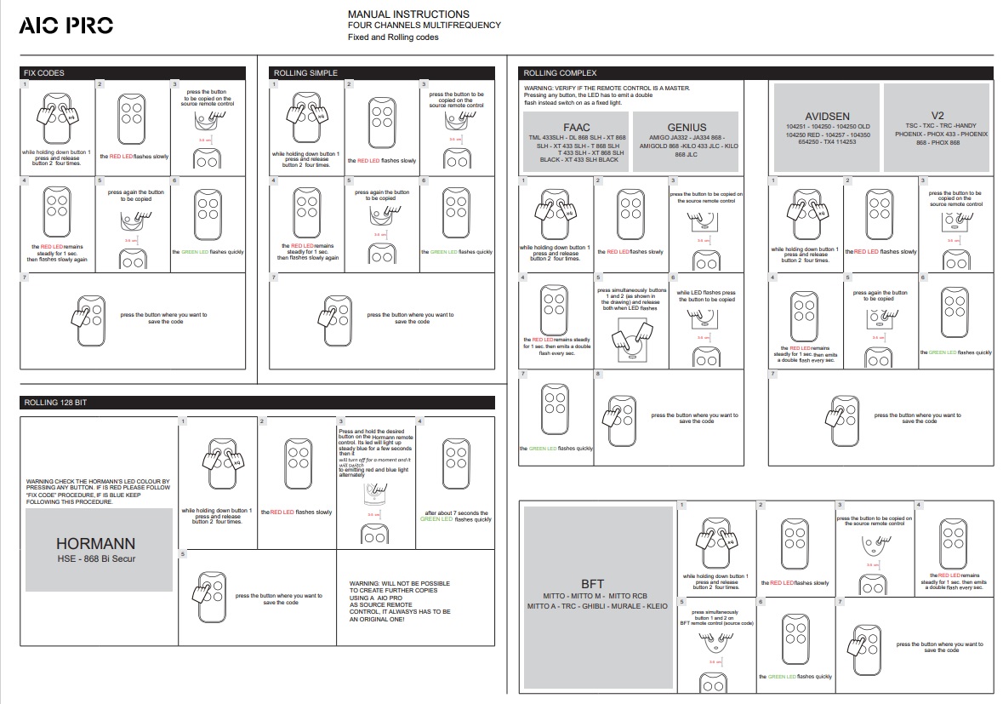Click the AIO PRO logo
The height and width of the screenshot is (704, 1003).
(66, 26)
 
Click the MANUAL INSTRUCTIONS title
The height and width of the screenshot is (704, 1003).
(408, 14)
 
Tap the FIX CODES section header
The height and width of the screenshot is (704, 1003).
(43, 73)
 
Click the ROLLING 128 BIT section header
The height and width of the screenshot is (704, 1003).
(54, 402)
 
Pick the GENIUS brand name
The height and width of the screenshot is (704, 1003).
(687, 127)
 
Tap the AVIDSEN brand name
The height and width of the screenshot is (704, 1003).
(827, 116)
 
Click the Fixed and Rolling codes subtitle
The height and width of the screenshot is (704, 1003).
(393, 37)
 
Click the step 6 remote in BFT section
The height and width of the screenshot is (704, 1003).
(795, 635)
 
